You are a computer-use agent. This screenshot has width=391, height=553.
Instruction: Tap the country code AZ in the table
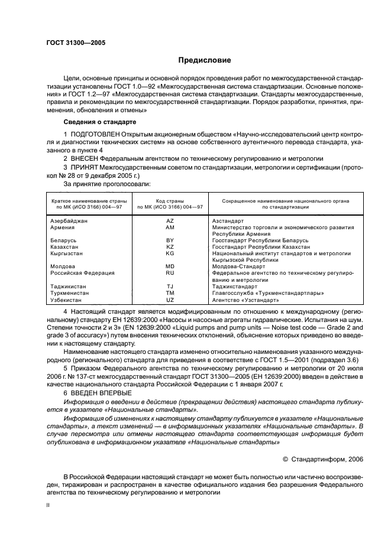pos(170,220)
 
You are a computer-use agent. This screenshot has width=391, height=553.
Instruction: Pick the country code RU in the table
pos(170,273)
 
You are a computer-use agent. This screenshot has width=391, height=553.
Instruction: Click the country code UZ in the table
pos(170,300)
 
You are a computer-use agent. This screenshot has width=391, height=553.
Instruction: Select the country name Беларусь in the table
pos(63,240)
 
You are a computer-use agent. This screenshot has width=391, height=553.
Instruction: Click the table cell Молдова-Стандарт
pos(241,266)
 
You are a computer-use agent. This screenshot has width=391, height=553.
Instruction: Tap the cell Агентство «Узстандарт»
pos(245,300)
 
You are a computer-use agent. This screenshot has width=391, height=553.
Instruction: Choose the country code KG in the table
pos(170,253)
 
